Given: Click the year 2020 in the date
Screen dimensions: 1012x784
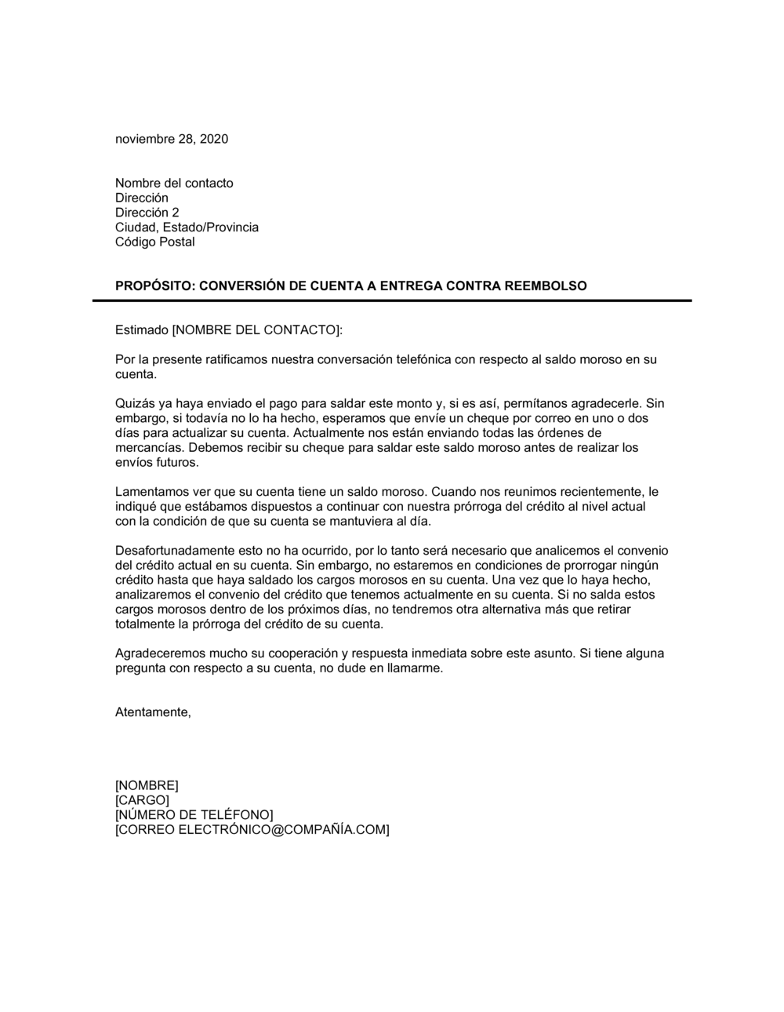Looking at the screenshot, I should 213,140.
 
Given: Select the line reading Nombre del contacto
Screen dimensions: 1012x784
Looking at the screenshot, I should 174,184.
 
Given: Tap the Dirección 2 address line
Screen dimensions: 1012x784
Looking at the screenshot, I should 147,213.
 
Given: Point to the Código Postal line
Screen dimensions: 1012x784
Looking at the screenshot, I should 154,242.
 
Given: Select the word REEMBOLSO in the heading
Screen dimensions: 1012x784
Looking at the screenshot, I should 545,286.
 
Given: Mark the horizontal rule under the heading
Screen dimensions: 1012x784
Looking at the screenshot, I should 392,300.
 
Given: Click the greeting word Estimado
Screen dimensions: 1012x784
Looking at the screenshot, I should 141,330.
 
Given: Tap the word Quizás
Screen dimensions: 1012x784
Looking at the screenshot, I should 135,404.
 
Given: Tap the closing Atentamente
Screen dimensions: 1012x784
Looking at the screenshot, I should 153,712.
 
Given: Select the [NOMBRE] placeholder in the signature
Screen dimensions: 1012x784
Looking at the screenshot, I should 147,785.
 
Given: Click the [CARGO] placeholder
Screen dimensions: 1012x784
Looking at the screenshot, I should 142,800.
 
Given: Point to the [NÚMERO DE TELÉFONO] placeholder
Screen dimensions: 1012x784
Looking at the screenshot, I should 194,815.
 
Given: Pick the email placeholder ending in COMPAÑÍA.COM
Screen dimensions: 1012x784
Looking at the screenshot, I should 252,829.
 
